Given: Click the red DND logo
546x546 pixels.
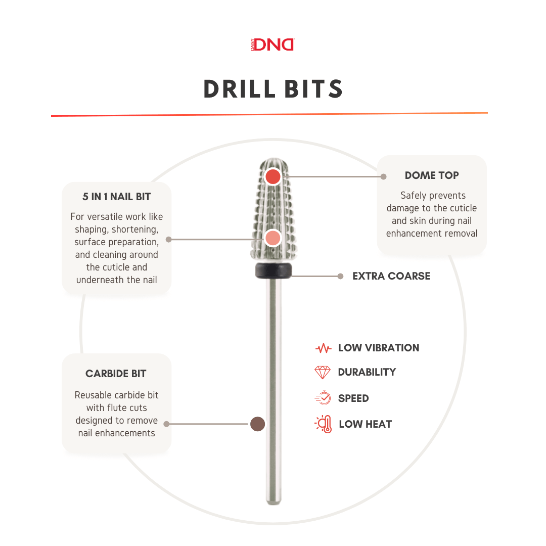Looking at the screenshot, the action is tap(272, 44).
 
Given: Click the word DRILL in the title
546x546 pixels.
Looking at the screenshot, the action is tap(240, 89).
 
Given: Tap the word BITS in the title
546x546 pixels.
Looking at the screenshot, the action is tap(314, 89).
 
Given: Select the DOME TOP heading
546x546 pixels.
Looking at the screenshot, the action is tap(432, 175).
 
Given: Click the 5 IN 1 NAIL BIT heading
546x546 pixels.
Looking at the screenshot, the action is tap(117, 197).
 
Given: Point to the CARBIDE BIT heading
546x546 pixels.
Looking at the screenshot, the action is tap(116, 374).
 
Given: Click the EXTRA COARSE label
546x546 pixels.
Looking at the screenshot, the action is tap(391, 276).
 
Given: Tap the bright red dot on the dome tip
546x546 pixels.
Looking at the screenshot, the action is tap(273, 176).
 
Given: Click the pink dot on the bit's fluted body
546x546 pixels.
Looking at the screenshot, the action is tap(272, 238).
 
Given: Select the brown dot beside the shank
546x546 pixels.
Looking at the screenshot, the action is tap(258, 424).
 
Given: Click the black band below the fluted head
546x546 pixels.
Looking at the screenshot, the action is tap(274, 270).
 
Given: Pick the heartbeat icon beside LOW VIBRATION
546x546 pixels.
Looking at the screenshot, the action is tap(323, 348).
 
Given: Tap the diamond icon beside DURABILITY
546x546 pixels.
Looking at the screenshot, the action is tap(323, 372).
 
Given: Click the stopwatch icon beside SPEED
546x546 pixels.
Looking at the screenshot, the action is tap(323, 398).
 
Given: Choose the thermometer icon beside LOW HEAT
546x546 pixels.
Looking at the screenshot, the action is tap(324, 424).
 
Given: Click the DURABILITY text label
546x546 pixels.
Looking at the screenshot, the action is tap(367, 372).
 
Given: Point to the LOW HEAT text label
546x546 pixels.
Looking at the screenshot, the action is tap(366, 424).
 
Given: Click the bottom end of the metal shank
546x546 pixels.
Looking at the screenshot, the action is tap(274, 503).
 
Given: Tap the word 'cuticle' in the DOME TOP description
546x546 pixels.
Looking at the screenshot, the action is tap(463, 208).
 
